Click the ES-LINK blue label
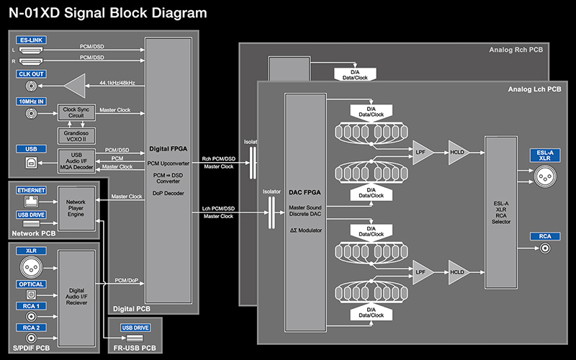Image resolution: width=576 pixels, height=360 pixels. tap(31, 40)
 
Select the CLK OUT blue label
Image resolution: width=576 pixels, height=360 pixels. tap(31, 74)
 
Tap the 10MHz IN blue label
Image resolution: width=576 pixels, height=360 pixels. tap(31, 102)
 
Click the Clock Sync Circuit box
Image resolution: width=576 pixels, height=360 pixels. tap(76, 112)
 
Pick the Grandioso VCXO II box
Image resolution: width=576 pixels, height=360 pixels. tap(76, 136)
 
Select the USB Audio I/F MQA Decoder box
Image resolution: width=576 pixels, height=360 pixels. tap(76, 161)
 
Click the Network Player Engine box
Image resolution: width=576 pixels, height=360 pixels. tap(76, 208)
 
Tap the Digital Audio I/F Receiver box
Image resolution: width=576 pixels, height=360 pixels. tap(76, 298)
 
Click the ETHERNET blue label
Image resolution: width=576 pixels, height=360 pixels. tap(31, 190)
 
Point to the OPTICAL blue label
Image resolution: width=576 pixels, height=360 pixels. tap(31, 284)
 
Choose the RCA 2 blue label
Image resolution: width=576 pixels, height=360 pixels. tap(31, 328)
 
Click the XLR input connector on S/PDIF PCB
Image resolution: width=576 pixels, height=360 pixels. tap(31, 267)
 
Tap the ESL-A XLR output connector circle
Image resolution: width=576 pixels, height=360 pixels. tap(545, 176)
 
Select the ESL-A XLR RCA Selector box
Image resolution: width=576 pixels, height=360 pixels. tap(501, 212)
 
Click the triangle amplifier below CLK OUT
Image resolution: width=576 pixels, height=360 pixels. tap(75, 86)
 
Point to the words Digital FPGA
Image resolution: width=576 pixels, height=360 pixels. tap(168, 149)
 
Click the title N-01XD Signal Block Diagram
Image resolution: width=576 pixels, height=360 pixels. tap(107, 13)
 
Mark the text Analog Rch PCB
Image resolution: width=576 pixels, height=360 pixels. tap(516, 50)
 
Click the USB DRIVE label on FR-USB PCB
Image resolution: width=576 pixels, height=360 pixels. tap(135, 328)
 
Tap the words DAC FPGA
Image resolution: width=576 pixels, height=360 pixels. tap(305, 192)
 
